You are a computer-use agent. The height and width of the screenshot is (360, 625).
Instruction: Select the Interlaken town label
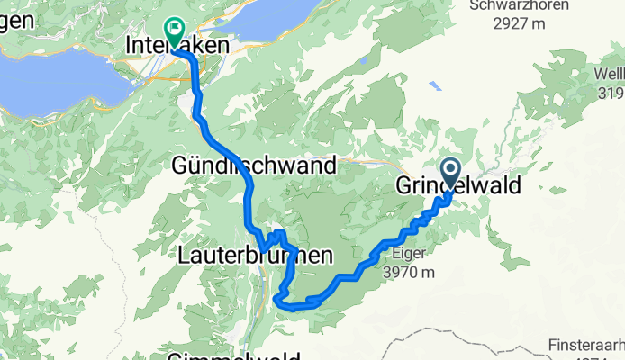(177, 45)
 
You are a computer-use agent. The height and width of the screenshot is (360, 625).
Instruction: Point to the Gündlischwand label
(254, 166)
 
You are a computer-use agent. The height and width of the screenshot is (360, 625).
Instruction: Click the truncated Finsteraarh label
(586, 346)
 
